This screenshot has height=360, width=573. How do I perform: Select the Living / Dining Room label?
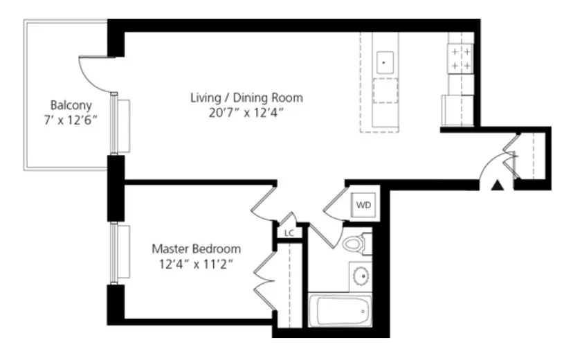[x=246, y=98]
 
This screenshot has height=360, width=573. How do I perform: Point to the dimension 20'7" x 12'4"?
[x=246, y=112]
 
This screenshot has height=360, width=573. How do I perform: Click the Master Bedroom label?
[x=196, y=248]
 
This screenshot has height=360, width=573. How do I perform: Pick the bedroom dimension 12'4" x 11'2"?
[x=196, y=262]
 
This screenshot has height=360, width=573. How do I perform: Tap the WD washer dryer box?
[x=363, y=206]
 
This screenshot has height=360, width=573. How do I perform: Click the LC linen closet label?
[x=289, y=233]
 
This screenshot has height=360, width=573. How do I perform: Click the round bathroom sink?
[x=361, y=276]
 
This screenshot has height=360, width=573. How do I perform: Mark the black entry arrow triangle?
[x=495, y=184]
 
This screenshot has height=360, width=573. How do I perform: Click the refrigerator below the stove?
[x=457, y=109]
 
